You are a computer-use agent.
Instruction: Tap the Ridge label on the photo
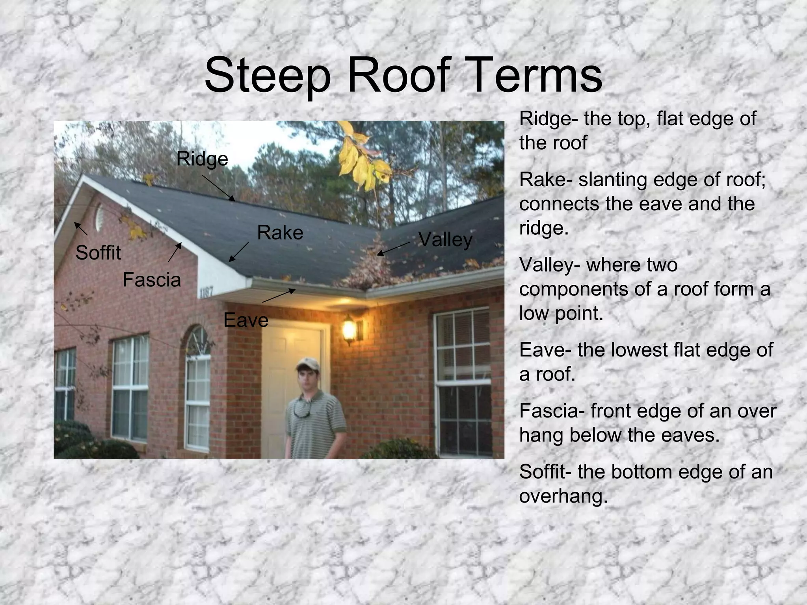point(202,159)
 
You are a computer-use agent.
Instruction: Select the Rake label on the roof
point(280,232)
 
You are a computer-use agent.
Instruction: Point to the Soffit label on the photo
point(98,252)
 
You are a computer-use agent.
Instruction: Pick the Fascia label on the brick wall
point(152,280)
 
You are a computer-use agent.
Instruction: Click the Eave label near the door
point(246,320)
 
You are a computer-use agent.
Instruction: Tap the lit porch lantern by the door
point(349,329)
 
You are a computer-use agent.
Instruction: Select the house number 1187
point(206,292)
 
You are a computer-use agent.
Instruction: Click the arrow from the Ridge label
point(218,188)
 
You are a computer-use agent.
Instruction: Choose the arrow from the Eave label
point(279,296)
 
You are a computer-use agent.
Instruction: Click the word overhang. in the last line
point(563,496)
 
